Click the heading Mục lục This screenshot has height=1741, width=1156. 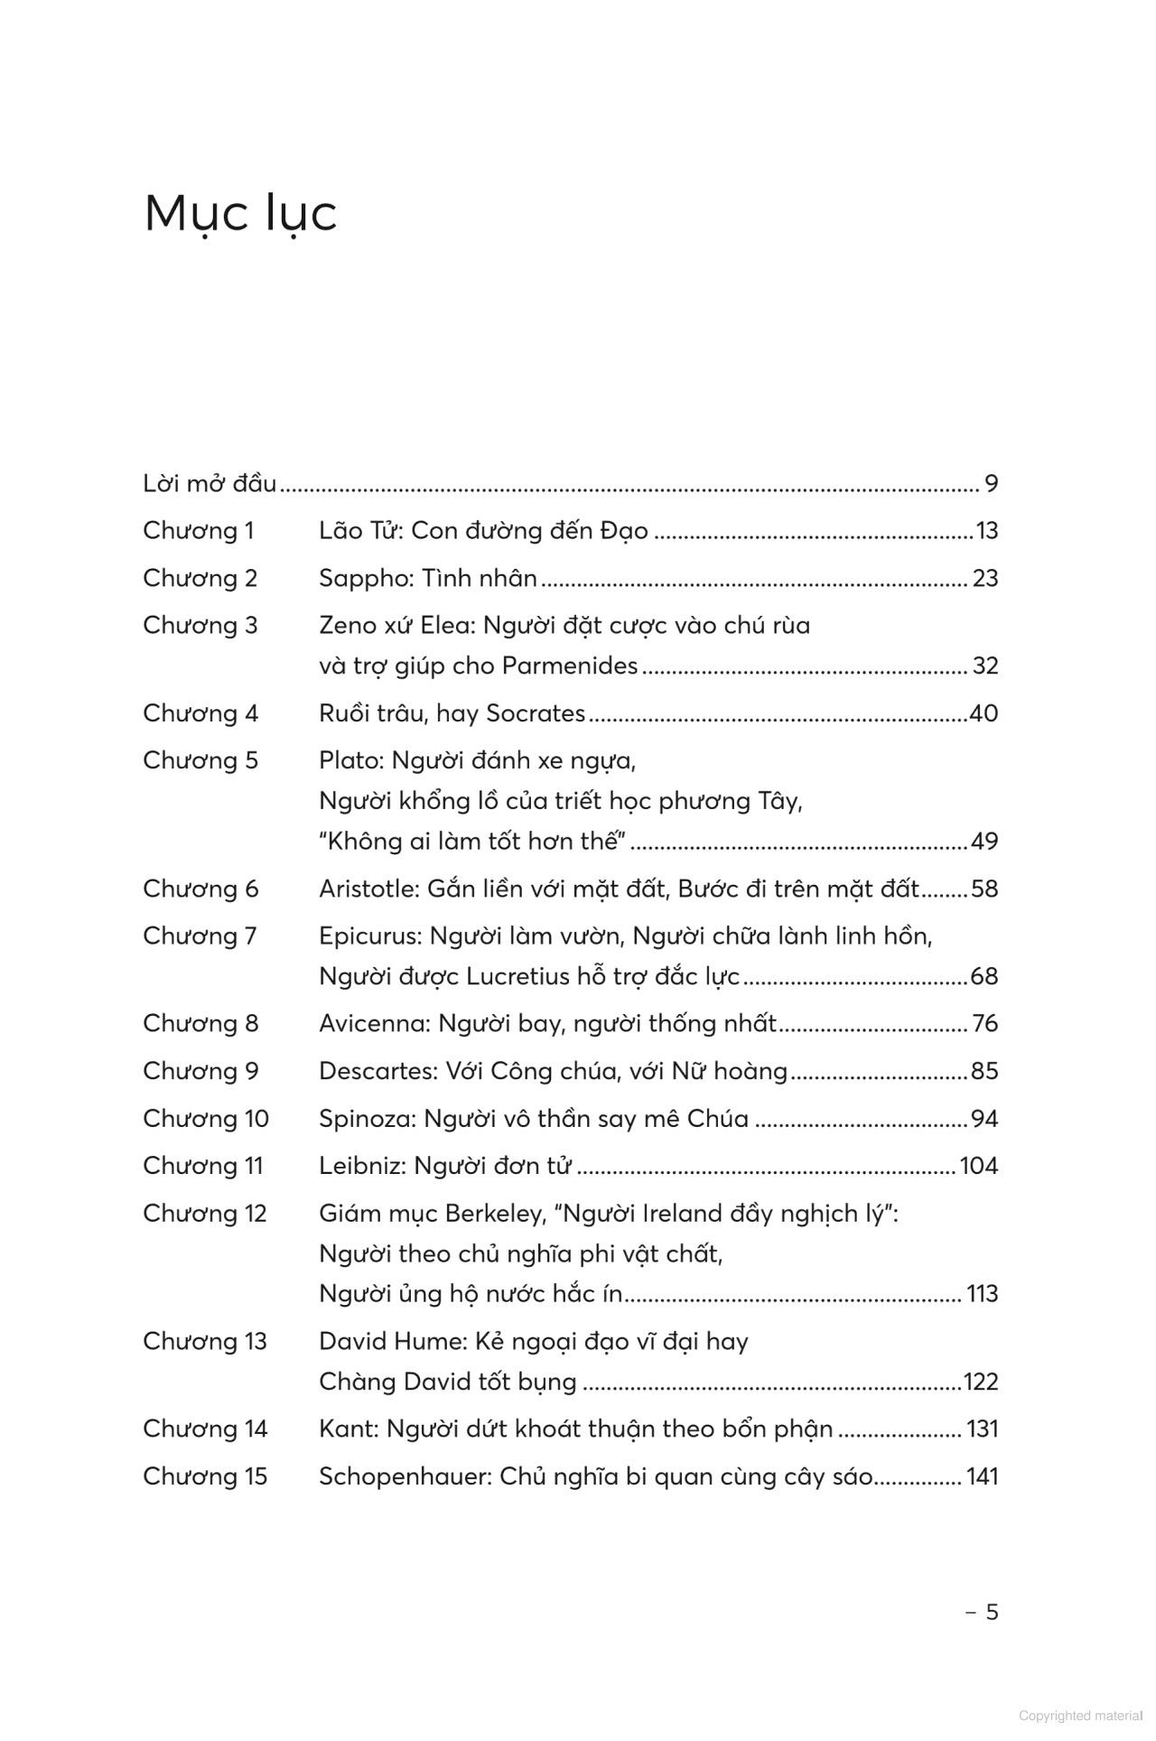pos(240,214)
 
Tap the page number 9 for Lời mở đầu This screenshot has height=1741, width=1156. pos(991,484)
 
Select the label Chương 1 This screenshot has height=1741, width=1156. pos(199,531)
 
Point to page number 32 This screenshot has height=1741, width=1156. pos(984,666)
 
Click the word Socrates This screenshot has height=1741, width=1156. pos(536,714)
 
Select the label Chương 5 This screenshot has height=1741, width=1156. pos(200,760)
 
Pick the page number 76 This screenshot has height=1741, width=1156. pos(984,1024)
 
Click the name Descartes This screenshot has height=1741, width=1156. pos(378,1072)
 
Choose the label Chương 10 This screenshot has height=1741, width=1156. pos(206,1119)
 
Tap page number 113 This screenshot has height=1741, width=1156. pos(982,1294)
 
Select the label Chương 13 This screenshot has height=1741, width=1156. pos(205,1342)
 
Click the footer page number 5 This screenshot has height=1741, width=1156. pos(992,1613)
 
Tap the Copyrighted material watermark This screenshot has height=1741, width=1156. pos(1080,1716)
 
